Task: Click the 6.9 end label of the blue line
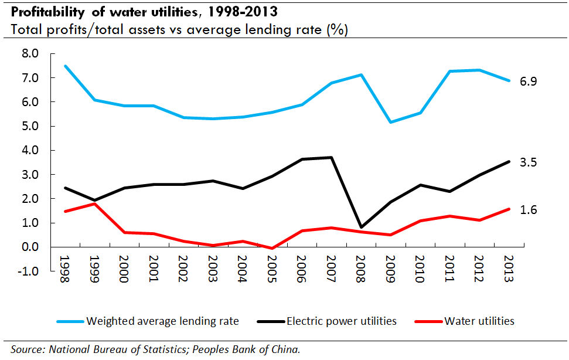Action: click(529, 81)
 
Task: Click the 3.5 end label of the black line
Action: click(529, 162)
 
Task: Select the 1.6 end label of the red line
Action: click(529, 209)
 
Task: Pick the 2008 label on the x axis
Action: click(361, 269)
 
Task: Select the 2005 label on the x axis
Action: click(272, 269)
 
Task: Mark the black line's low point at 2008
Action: click(361, 227)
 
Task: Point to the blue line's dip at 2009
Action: click(391, 122)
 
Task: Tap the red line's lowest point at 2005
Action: click(272, 249)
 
